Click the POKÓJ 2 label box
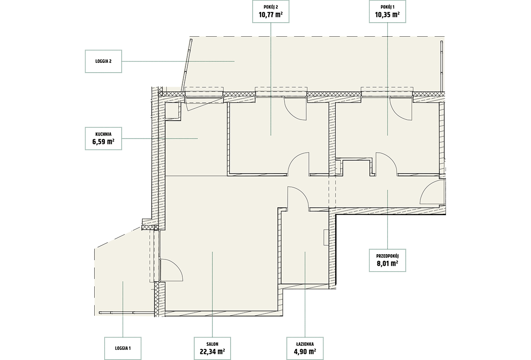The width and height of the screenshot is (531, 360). (271, 12)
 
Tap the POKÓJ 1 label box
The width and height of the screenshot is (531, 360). (387, 12)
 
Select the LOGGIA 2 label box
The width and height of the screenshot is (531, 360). (104, 61)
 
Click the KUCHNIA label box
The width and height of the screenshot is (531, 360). (104, 139)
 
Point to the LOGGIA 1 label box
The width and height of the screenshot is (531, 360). (123, 348)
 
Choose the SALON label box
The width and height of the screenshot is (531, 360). (212, 348)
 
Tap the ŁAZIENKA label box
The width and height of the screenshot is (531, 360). (305, 348)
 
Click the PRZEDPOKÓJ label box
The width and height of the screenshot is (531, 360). (387, 260)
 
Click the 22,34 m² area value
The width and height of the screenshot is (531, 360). (212, 352)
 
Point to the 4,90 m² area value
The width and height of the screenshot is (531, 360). (305, 352)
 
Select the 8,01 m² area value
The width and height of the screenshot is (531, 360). (387, 263)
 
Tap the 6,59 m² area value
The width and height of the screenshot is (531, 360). (104, 142)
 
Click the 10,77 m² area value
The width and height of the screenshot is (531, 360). (271, 15)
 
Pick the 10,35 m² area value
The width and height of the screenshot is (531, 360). (387, 15)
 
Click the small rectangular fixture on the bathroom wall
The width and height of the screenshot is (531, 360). (326, 237)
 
